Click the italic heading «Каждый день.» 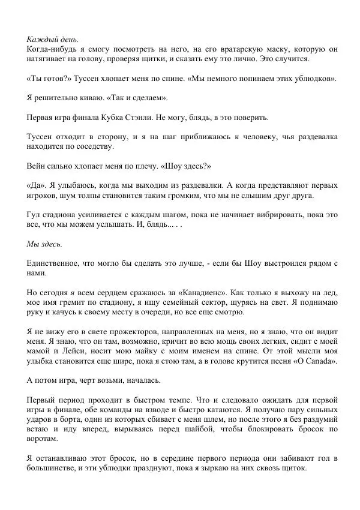coord(53,38)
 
